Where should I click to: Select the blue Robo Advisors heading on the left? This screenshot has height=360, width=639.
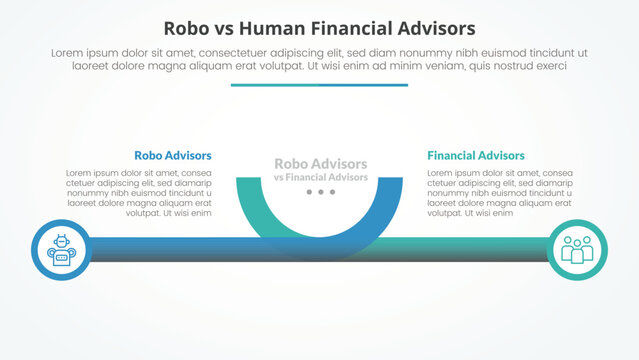coord(172,155)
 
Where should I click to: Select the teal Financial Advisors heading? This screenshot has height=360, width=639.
coord(475,155)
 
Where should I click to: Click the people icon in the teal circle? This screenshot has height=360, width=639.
coord(577,250)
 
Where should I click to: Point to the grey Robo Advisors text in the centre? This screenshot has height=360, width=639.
coord(320,163)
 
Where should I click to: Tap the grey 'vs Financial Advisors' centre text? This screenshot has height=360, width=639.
coord(320,177)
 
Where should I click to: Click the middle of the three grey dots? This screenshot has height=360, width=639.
coord(320,191)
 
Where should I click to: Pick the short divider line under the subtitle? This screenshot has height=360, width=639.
coord(319,85)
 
